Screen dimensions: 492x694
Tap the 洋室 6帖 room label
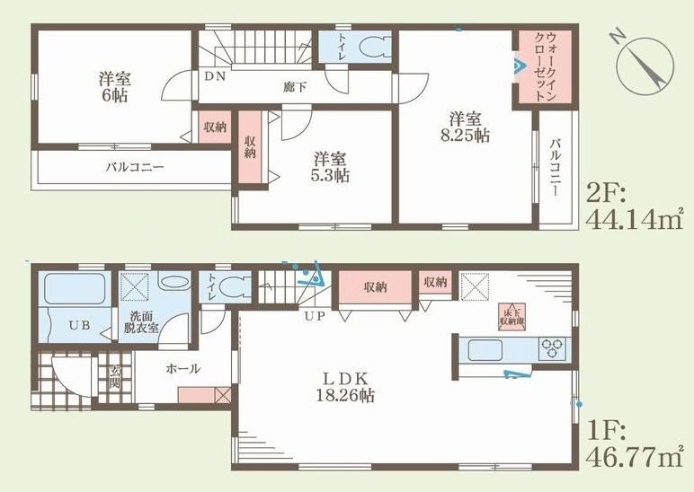point(113,86)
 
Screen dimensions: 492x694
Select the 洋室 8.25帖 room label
point(469,127)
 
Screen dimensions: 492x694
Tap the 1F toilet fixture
point(236,287)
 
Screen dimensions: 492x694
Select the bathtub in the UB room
point(76,289)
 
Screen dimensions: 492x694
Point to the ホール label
point(182,368)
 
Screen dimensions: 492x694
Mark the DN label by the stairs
point(214,78)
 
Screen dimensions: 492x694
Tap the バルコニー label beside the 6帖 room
point(134,166)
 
